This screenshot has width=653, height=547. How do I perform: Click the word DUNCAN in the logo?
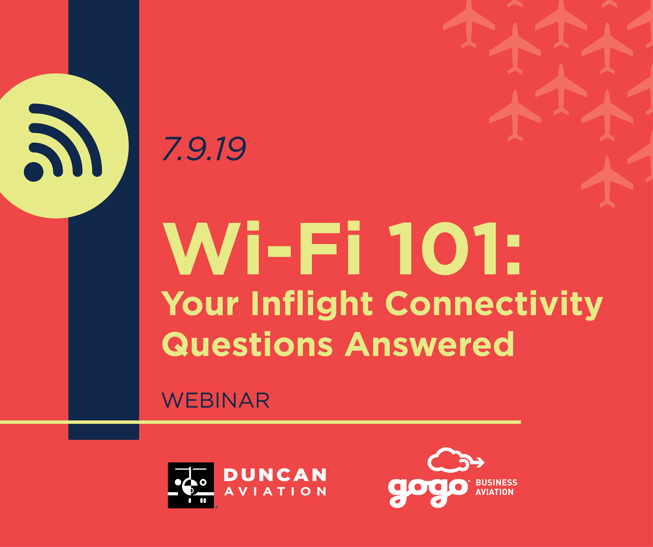point(275,475)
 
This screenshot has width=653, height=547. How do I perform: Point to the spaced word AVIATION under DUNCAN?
point(275,491)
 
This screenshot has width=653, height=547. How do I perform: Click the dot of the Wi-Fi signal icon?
point(34,172)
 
